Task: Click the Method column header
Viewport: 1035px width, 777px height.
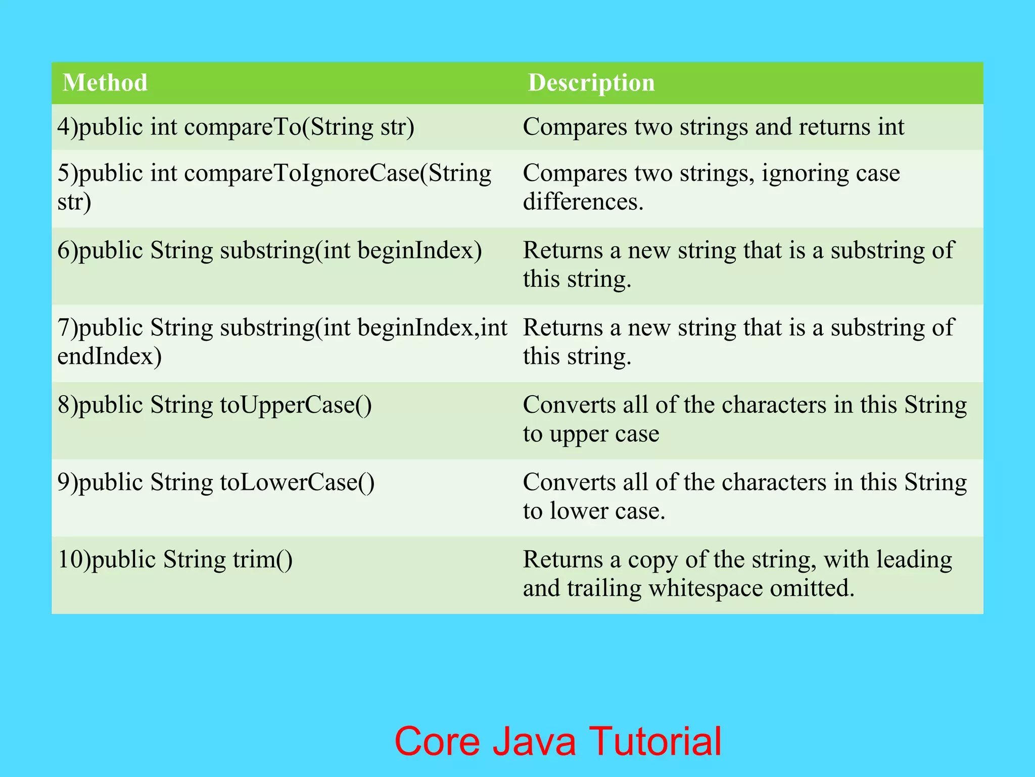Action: point(105,82)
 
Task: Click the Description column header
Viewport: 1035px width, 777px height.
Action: point(591,82)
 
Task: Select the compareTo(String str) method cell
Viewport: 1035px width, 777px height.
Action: point(236,126)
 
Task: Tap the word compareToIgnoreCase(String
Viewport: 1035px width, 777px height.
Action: point(338,174)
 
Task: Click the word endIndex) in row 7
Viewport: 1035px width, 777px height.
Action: point(109,356)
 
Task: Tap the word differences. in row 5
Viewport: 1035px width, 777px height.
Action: point(583,202)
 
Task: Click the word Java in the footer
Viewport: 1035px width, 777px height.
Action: point(534,741)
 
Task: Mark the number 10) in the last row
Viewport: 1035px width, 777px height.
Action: point(74,560)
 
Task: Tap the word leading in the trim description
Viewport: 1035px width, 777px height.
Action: point(914,560)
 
